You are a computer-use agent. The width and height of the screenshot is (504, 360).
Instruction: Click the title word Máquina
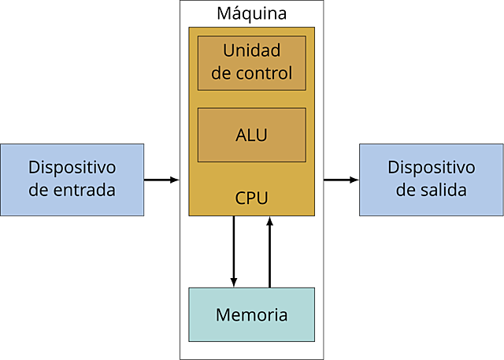click(x=251, y=14)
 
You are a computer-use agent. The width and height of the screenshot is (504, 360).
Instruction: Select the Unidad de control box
click(x=251, y=63)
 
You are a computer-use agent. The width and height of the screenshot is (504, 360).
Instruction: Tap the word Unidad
click(x=251, y=52)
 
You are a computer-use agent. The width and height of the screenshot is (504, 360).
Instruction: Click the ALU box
click(x=251, y=135)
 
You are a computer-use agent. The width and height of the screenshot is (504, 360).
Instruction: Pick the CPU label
click(x=251, y=196)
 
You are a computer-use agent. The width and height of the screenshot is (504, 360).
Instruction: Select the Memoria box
click(x=251, y=314)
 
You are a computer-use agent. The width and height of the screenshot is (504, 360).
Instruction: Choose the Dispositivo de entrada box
click(x=72, y=179)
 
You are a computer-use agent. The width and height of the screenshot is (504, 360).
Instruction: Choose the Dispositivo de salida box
click(x=432, y=179)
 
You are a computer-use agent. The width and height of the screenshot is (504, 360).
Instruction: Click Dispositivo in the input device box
click(x=72, y=168)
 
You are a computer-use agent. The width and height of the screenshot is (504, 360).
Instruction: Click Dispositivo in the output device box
click(x=432, y=168)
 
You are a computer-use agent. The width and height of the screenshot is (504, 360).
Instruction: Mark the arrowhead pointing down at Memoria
click(x=233, y=282)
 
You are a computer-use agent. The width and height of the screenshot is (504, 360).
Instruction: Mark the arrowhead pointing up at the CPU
click(x=270, y=221)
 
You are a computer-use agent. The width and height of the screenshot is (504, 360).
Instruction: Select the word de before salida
click(x=406, y=190)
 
